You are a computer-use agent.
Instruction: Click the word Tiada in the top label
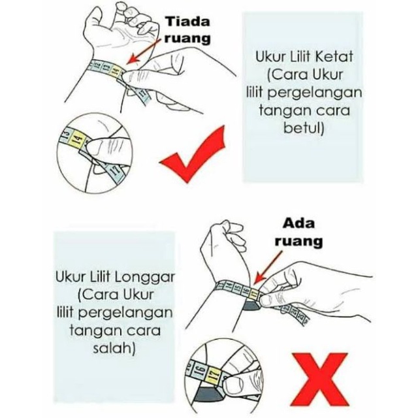tap(187, 22)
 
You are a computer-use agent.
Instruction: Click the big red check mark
tap(193, 155)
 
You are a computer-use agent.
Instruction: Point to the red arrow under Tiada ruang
tap(144, 51)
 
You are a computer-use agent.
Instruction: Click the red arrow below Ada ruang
tap(268, 268)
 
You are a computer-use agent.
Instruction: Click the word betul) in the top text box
tap(304, 128)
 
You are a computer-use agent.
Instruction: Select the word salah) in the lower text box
tap(114, 348)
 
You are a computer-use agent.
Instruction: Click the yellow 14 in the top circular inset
tap(78, 139)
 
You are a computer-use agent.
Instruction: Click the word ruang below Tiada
tap(187, 39)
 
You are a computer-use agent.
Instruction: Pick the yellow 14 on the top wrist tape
tap(115, 70)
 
